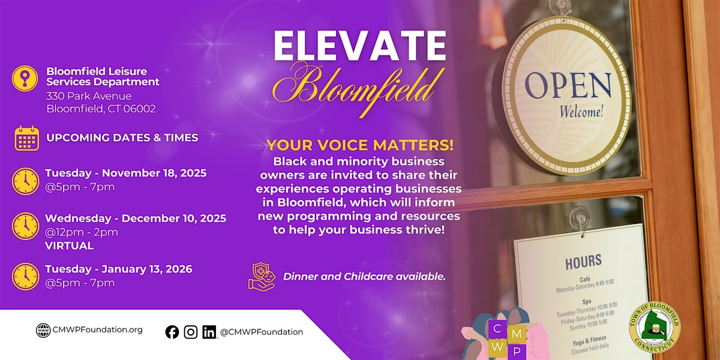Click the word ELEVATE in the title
[x=360, y=46]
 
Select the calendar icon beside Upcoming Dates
[x=27, y=138]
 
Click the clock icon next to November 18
[x=25, y=180]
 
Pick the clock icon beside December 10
[x=25, y=226]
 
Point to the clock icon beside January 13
[x=25, y=276]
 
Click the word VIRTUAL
[x=69, y=245]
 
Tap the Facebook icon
[x=172, y=332]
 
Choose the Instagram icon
[x=191, y=332]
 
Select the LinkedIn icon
[x=209, y=332]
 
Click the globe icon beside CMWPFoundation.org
[x=43, y=331]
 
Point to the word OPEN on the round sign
[x=568, y=85]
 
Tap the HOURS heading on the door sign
[x=583, y=261]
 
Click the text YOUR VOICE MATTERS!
[x=360, y=146]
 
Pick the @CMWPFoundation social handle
[x=261, y=332]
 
